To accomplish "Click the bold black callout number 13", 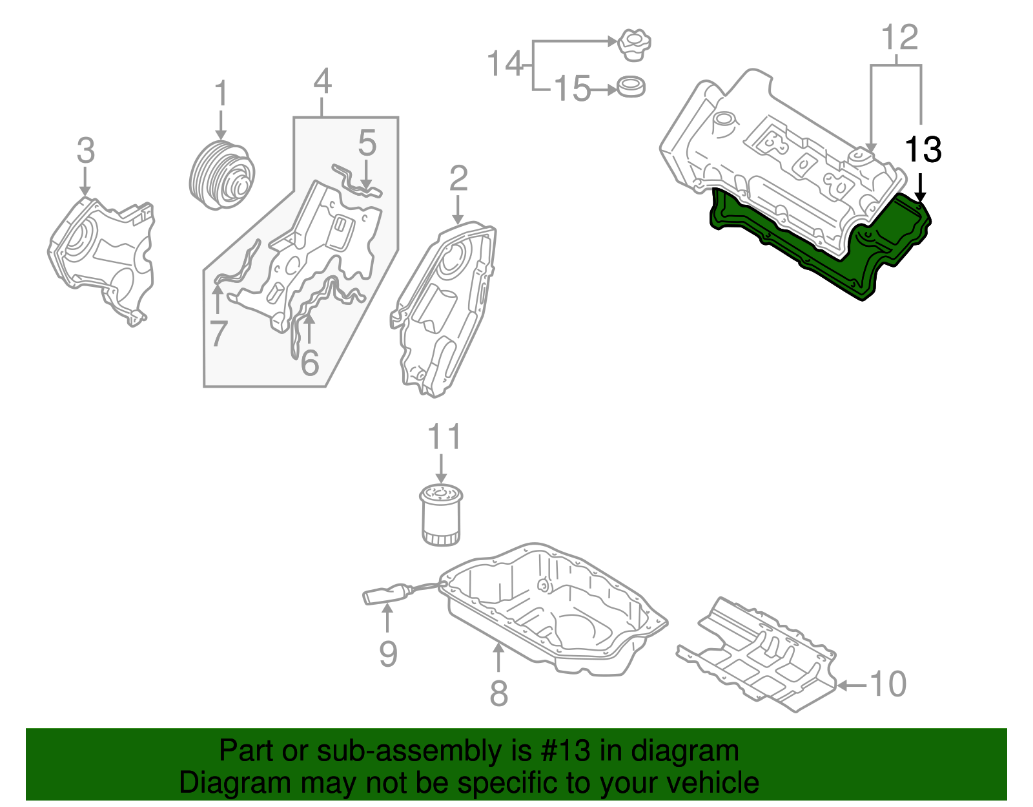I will pyautogui.click(x=923, y=150).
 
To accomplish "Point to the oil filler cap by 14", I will pyautogui.click(x=634, y=45).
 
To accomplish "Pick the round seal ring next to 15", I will pyautogui.click(x=631, y=87).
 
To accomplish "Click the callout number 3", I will pyautogui.click(x=85, y=151).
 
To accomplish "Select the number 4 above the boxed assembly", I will pyautogui.click(x=322, y=83).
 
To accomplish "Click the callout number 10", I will pyautogui.click(x=888, y=684).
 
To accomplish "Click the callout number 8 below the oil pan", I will pyautogui.click(x=498, y=693).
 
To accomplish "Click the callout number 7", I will pyautogui.click(x=218, y=334).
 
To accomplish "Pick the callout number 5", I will pyautogui.click(x=367, y=143).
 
